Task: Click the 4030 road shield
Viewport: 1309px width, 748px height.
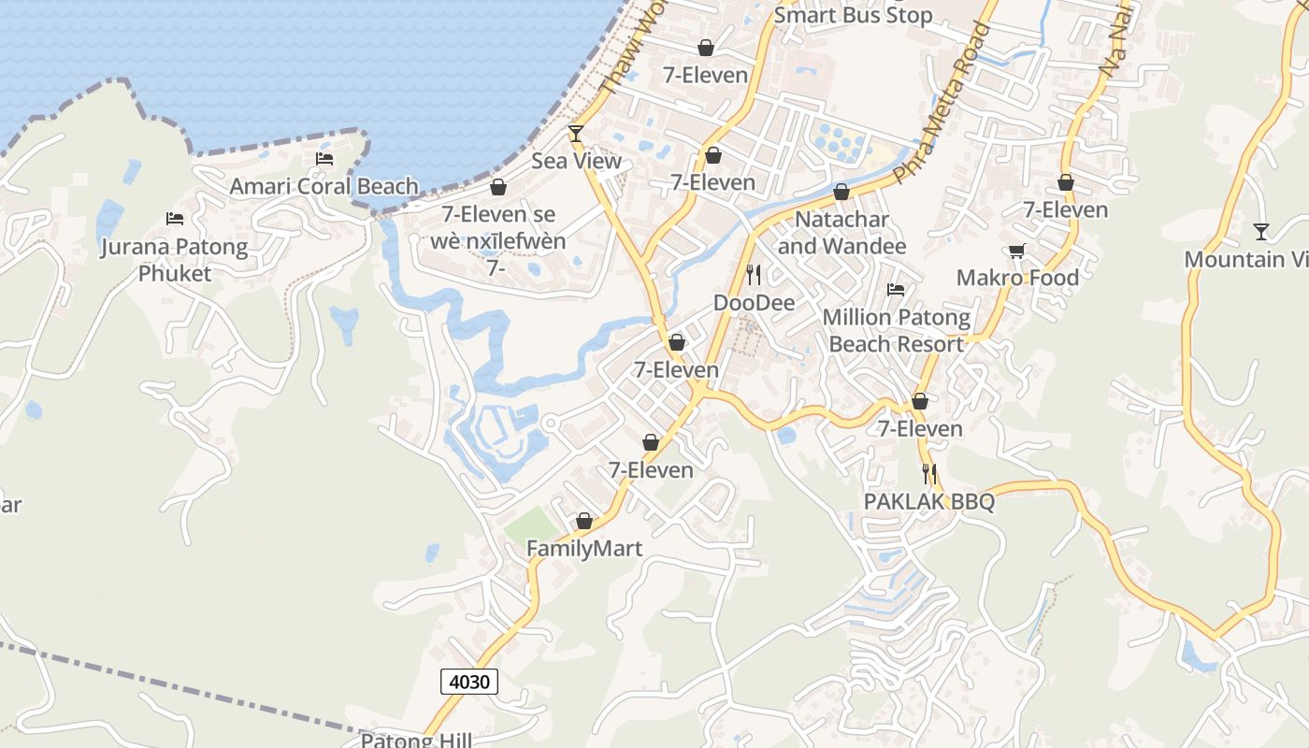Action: click(x=469, y=682)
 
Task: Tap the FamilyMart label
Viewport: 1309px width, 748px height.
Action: click(x=584, y=549)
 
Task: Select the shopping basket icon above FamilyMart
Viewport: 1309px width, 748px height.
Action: click(x=584, y=521)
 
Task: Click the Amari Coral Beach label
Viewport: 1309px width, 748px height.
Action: click(x=324, y=186)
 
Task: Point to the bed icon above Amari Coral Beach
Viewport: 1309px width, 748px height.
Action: click(x=324, y=159)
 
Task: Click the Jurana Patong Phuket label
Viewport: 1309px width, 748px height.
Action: click(x=175, y=260)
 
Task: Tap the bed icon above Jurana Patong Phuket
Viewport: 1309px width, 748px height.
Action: click(x=175, y=219)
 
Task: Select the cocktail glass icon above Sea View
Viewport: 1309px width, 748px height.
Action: click(x=576, y=134)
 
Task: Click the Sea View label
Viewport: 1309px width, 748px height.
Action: click(x=576, y=161)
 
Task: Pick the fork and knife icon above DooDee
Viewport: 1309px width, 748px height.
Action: click(x=754, y=275)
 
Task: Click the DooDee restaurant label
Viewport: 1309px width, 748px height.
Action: click(x=754, y=303)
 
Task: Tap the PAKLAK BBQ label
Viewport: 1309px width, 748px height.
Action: click(x=928, y=501)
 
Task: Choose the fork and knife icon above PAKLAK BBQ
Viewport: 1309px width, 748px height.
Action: click(x=928, y=474)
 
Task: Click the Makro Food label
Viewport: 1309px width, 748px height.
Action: click(x=1017, y=278)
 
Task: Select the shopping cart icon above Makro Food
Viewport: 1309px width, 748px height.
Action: click(x=1017, y=251)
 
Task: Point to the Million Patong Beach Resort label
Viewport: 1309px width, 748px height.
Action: click(x=896, y=331)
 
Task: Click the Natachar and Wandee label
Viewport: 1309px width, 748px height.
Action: click(x=841, y=233)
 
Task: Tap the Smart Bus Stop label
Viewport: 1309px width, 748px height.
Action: click(x=853, y=15)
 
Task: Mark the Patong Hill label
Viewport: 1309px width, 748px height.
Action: click(x=417, y=741)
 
